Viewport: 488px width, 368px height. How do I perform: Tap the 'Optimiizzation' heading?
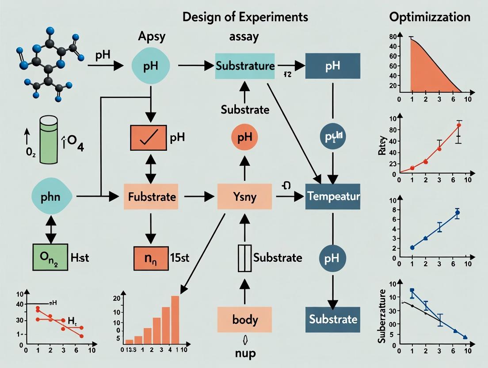click(430, 17)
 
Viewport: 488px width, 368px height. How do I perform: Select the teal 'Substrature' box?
click(245, 66)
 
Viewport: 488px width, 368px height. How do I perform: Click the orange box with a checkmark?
click(148, 138)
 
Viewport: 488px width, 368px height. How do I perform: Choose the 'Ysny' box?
click(244, 196)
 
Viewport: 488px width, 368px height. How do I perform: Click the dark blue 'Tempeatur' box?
click(333, 196)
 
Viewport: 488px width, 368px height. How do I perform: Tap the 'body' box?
click(244, 319)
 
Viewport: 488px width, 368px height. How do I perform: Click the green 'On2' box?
click(51, 257)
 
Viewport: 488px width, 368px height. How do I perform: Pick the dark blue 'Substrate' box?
click(333, 319)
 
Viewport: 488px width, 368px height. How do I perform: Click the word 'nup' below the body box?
click(244, 354)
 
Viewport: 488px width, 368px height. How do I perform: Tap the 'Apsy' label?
click(152, 36)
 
